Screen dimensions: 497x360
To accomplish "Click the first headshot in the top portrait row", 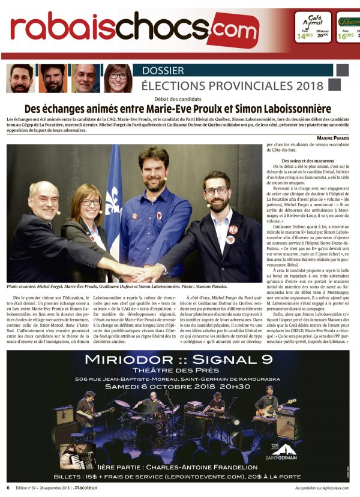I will click(22, 78).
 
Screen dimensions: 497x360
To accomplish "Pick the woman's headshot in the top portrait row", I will click(118, 78).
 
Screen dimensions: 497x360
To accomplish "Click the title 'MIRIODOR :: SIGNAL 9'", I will click(179, 360).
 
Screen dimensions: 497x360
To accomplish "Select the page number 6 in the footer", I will click(8, 487).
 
